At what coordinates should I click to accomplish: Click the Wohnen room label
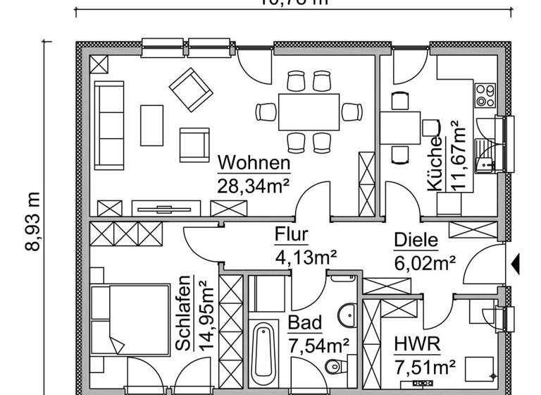[x=254, y=163]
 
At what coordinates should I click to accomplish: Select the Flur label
[x=291, y=235]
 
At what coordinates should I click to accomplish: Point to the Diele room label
[x=416, y=241]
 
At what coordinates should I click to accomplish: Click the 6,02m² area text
[x=423, y=263]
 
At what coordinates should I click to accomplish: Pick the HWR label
[x=417, y=344]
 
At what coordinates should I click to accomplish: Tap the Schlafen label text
[x=182, y=312]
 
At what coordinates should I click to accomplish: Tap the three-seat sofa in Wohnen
[x=110, y=123]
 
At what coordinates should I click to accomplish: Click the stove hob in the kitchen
[x=485, y=95]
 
